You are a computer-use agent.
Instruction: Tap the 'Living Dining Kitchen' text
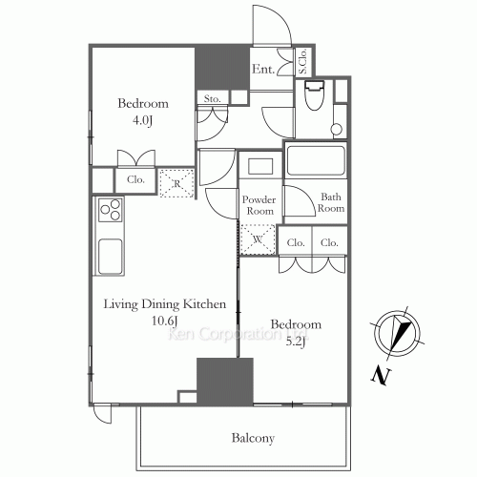pyautogui.click(x=164, y=304)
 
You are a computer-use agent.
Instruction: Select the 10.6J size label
pyautogui.click(x=164, y=321)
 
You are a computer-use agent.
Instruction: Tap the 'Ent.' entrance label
pyautogui.click(x=264, y=69)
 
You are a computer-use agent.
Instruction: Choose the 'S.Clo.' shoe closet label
pyautogui.click(x=302, y=62)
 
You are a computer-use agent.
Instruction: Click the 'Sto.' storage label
pyautogui.click(x=212, y=98)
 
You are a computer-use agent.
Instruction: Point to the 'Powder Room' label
pyautogui.click(x=259, y=205)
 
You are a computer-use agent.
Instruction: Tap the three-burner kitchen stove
pyautogui.click(x=109, y=212)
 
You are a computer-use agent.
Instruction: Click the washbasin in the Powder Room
pyautogui.click(x=259, y=164)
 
